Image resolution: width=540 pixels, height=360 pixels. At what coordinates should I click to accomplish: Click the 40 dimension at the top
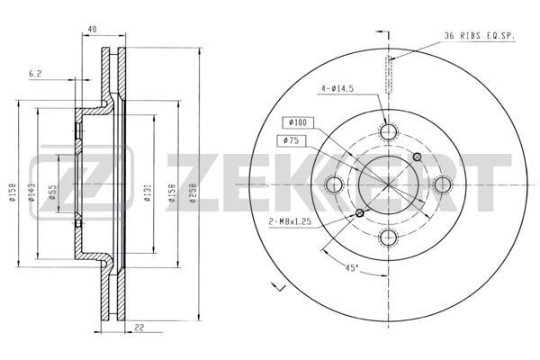click(93, 30)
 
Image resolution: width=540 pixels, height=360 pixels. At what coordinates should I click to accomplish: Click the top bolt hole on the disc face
click(388, 132)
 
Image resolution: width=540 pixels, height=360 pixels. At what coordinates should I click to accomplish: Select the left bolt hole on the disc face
click(335, 185)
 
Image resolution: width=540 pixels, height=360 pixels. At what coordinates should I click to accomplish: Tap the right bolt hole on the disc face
click(441, 185)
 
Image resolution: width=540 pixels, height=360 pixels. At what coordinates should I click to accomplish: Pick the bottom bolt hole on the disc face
click(388, 238)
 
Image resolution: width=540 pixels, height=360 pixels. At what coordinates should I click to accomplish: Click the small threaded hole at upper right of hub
click(416, 157)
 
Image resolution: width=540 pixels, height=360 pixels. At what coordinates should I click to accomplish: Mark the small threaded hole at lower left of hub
click(360, 213)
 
